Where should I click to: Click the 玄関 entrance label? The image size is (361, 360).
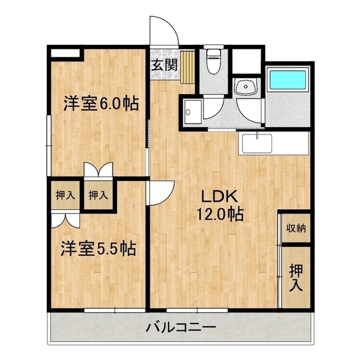point(164,65)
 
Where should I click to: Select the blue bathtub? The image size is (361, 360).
point(288,79)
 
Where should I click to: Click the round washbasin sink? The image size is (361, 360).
point(246,87)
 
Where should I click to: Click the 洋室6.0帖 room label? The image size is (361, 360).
point(101,104)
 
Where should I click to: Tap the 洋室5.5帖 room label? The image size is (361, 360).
point(98,248)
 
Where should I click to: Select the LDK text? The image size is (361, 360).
point(219,196)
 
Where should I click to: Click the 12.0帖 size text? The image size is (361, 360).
point(219,214)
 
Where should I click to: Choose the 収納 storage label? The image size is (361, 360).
point(296,228)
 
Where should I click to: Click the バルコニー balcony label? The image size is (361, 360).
point(181,327)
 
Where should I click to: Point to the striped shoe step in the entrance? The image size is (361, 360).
point(188,67)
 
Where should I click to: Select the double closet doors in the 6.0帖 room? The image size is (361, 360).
point(99,170)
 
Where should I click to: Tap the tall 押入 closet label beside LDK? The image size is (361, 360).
point(296,278)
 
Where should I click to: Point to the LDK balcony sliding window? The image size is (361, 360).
point(197,310)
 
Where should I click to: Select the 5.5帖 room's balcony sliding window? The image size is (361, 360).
point(115,310)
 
